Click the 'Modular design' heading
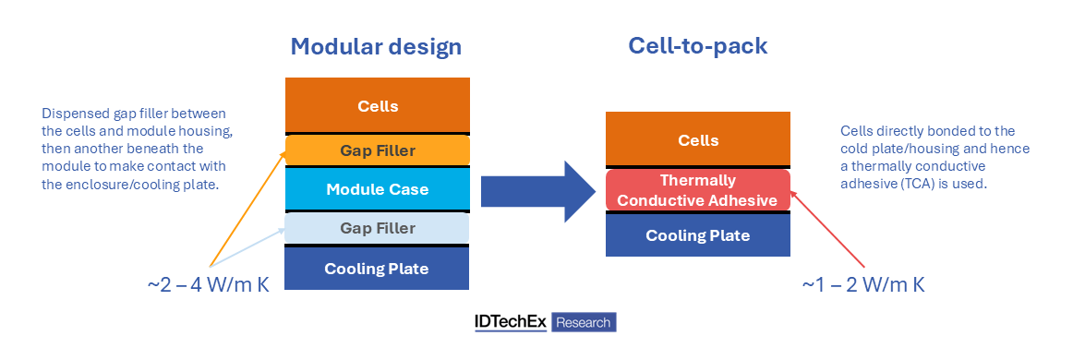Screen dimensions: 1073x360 click(376, 46)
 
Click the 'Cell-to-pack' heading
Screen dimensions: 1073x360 click(698, 45)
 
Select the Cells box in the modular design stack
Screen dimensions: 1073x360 click(377, 106)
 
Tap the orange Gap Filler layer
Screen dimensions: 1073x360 click(377, 150)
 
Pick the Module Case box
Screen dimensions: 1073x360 click(377, 189)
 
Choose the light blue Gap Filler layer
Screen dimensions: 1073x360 click(377, 228)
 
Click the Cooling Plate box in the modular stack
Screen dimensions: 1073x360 click(377, 269)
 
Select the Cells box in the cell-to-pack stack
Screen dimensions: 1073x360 click(698, 139)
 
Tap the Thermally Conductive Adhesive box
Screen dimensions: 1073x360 click(698, 190)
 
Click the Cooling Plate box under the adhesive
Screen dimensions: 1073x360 click(698, 235)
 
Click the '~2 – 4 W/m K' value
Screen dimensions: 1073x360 click(208, 284)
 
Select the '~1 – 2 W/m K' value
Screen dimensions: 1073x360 click(863, 284)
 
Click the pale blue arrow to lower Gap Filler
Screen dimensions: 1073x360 click(247, 247)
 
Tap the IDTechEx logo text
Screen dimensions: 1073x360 click(511, 321)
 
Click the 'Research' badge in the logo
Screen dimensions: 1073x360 click(584, 322)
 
